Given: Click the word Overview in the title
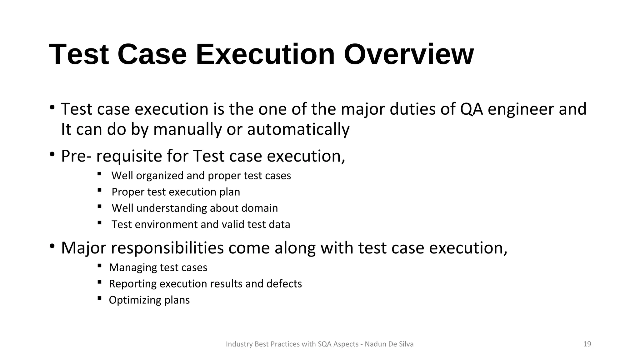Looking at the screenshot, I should [x=408, y=54].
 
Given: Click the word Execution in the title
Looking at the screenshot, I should [x=265, y=54].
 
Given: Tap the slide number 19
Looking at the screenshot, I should [x=587, y=344].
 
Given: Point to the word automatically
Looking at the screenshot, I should [x=298, y=129].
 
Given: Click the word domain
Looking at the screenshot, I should [x=259, y=208].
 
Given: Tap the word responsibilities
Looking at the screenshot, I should [x=167, y=248].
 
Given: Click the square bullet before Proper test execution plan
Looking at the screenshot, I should [x=99, y=190].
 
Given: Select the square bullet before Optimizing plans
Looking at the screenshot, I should [x=99, y=298].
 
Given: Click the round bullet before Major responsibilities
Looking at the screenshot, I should [x=52, y=246].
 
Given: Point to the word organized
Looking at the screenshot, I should [x=160, y=176].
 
